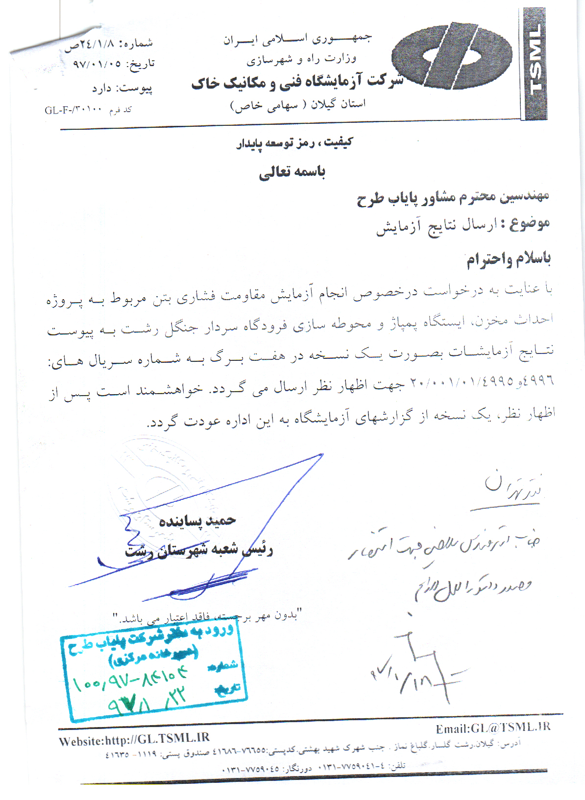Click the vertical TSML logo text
point(535,64)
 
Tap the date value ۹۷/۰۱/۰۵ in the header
point(97,64)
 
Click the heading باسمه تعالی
point(292,172)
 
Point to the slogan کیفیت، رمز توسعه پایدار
point(294,143)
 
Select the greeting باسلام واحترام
point(508,259)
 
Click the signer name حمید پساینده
point(197,521)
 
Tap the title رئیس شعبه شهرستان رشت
point(198,550)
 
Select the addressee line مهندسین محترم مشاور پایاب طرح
point(452,197)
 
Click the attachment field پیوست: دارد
point(122,89)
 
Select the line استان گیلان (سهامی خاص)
point(298,105)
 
